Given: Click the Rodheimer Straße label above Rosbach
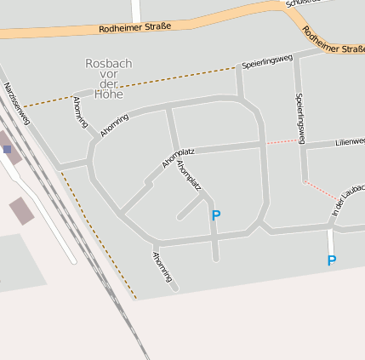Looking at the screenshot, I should point(134,26).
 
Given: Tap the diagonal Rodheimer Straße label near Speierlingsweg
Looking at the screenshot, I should point(333,42).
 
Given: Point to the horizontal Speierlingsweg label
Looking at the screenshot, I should point(266,61).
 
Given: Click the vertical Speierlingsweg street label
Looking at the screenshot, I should point(299,117).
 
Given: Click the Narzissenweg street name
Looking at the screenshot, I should point(17,103).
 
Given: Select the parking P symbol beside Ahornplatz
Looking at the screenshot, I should point(215,216).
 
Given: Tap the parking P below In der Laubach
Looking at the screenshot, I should point(331,261).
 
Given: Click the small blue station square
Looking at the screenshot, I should point(8,149).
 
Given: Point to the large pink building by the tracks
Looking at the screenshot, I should point(22,210).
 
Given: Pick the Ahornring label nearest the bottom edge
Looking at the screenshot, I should point(163,266).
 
